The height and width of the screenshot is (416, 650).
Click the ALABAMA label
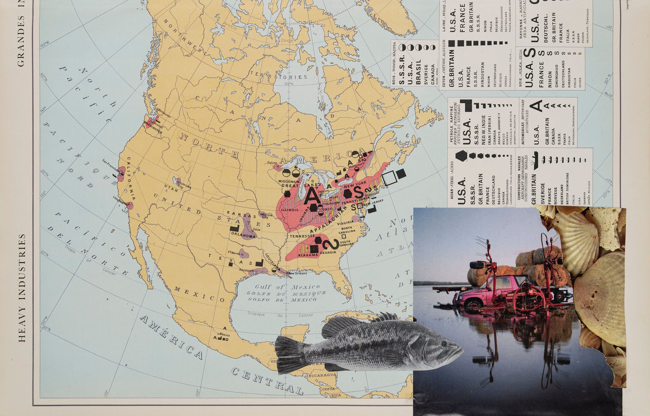tap(308, 255)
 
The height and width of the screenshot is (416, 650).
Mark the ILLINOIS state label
tap(290, 210)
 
